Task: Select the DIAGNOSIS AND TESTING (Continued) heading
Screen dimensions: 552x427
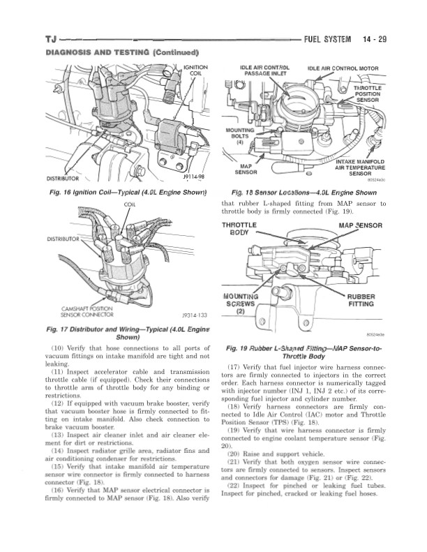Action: pos(122,53)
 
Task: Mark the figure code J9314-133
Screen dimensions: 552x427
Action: pos(187,315)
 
